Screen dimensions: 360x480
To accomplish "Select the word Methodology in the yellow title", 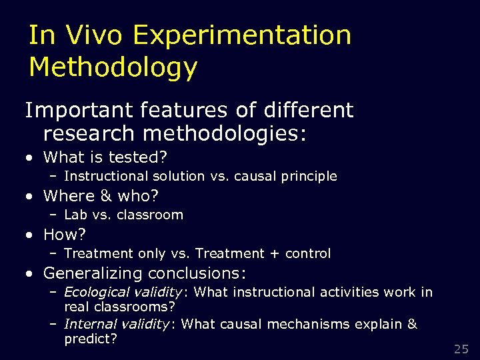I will [113, 67].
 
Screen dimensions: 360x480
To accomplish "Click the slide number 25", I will [461, 349].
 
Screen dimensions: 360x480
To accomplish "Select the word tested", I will [143, 157].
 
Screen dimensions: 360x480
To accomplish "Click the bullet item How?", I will [65, 235].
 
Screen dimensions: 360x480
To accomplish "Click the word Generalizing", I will [93, 273].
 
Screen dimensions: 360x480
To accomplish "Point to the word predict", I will [90, 339].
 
